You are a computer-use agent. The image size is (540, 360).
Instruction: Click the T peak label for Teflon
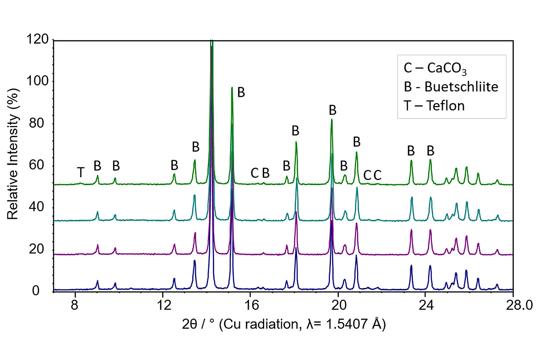tap(81, 172)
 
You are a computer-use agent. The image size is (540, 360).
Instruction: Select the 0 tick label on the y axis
tap(44, 291)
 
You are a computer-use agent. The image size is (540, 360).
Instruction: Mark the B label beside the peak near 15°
tap(241, 92)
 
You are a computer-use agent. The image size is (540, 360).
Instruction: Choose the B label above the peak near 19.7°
tap(333, 110)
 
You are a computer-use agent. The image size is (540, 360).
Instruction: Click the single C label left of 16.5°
tap(255, 173)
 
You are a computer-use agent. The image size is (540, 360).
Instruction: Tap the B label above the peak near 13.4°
tap(195, 147)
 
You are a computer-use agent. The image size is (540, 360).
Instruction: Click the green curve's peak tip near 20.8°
tap(356, 152)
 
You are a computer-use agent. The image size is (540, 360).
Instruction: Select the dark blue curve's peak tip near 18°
tap(296, 247)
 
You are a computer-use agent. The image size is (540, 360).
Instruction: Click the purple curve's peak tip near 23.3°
tap(411, 230)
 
